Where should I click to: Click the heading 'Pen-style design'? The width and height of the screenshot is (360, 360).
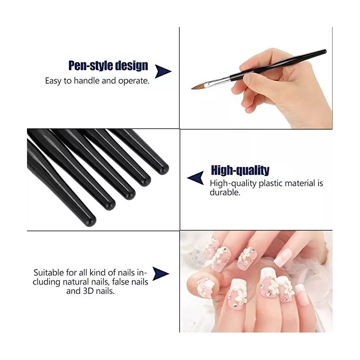(108, 66)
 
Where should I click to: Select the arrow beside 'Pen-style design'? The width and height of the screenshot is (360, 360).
(162, 71)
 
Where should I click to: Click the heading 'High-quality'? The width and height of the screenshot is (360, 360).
(240, 170)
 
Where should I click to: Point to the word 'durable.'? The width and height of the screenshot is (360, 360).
(225, 192)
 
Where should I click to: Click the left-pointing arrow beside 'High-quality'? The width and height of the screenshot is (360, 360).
(195, 178)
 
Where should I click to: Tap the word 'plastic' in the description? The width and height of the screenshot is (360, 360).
(267, 183)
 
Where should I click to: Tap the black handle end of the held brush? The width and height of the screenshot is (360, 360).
(322, 53)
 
